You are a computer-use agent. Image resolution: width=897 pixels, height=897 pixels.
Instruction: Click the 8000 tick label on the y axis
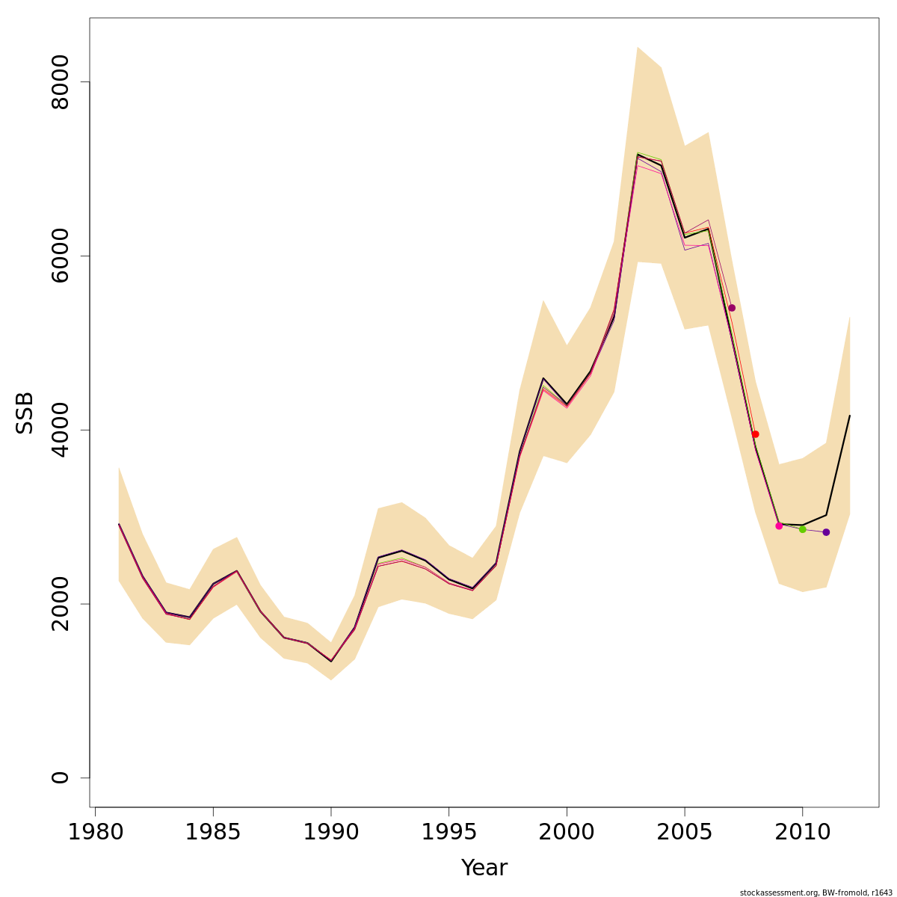click(x=60, y=81)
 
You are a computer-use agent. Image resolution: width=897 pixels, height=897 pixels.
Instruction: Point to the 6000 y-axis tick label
click(x=60, y=256)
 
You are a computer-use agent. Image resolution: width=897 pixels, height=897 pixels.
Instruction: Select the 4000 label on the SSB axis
click(x=60, y=430)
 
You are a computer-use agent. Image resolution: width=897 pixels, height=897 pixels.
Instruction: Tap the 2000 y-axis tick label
click(x=60, y=604)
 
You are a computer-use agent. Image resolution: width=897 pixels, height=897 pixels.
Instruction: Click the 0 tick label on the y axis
click(x=60, y=777)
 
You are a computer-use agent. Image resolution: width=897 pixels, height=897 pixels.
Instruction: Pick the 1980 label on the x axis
click(x=95, y=832)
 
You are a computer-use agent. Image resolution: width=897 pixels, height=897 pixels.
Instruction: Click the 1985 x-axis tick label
click(x=213, y=832)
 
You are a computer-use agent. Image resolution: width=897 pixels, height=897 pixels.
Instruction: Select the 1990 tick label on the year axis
click(x=331, y=832)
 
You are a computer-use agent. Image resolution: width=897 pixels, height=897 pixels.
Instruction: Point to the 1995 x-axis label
click(x=449, y=832)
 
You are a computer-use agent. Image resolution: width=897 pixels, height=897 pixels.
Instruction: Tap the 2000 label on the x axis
click(x=567, y=832)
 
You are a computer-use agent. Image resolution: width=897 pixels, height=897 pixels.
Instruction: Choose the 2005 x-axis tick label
click(x=685, y=832)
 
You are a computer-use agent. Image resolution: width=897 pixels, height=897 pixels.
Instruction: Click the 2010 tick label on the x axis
click(x=802, y=832)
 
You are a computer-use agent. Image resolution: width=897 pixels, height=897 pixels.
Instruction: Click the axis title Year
click(x=484, y=868)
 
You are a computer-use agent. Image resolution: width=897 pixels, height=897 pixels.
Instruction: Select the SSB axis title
click(x=25, y=413)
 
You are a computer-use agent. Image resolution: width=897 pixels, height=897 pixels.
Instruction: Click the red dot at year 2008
click(x=755, y=434)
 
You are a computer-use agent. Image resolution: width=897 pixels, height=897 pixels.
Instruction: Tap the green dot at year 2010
click(x=802, y=529)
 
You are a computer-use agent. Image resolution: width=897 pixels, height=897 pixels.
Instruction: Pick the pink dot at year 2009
click(x=779, y=526)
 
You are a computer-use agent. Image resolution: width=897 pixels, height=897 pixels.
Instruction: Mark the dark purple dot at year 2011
click(x=826, y=532)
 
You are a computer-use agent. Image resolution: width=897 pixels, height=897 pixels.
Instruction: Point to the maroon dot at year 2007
click(x=732, y=308)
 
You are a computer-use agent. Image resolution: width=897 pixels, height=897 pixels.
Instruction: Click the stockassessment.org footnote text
click(x=816, y=893)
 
